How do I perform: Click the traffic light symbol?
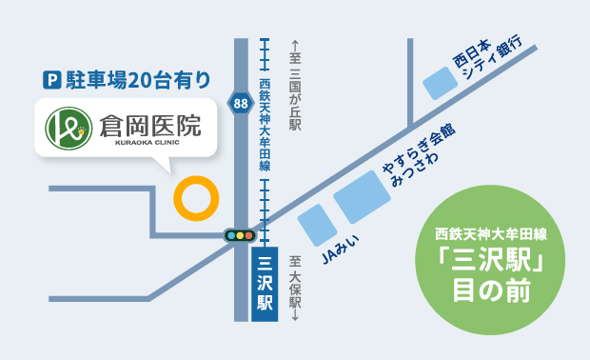coord(240,234)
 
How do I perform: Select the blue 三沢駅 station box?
coord(265,282)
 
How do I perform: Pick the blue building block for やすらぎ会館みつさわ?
coord(362,197)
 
